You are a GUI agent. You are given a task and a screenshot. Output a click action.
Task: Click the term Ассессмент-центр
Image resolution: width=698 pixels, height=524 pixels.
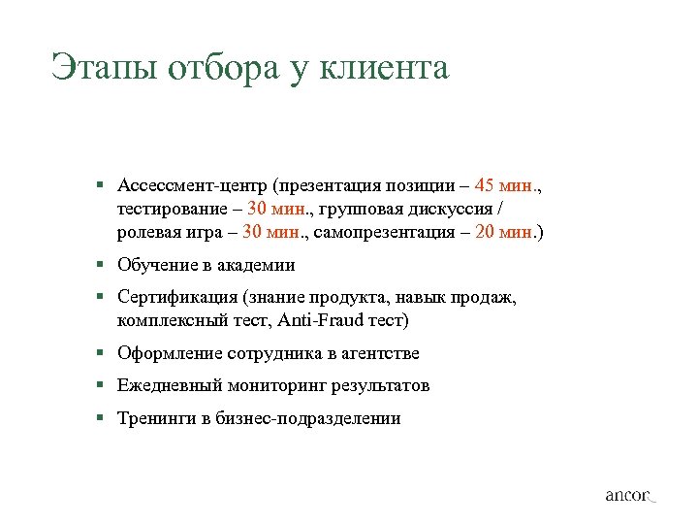click(191, 184)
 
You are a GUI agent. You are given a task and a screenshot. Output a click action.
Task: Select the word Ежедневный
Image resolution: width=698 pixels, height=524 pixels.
click(169, 386)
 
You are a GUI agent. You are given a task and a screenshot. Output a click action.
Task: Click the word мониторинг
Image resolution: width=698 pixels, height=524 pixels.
click(277, 386)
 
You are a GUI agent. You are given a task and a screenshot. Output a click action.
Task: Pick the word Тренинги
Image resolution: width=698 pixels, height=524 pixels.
click(155, 419)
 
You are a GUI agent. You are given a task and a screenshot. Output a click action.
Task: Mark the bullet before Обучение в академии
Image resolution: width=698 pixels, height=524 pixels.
click(100, 265)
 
